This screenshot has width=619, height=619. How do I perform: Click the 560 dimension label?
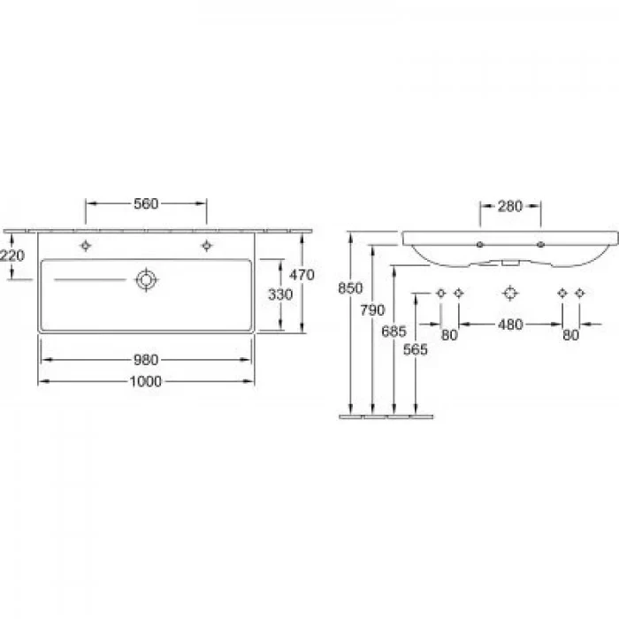click(x=146, y=203)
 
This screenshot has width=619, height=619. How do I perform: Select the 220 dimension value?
click(x=12, y=256)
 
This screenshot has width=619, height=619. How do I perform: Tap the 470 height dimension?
click(x=302, y=275)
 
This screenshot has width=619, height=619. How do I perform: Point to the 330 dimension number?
click(x=280, y=294)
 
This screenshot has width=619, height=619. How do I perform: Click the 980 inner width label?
click(x=146, y=360)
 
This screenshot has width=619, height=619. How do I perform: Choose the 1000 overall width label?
click(x=146, y=381)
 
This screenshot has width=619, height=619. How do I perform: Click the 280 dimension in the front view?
click(x=510, y=206)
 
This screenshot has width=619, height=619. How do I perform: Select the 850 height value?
click(x=350, y=288)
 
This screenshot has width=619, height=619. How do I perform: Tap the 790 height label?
click(x=372, y=309)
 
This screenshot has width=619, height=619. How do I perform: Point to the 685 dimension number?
click(x=394, y=332)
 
